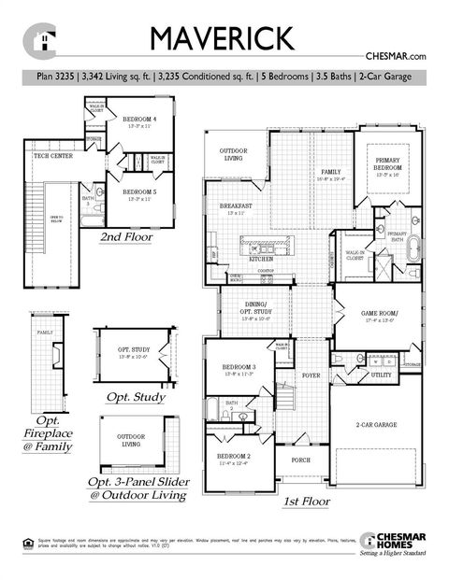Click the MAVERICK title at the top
point(222,38)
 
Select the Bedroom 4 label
point(139,120)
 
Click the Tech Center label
point(54,156)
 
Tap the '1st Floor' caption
point(306,502)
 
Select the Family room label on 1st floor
point(331,173)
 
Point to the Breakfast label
point(234,206)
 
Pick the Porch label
point(301,460)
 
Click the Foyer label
point(311,375)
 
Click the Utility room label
point(381,375)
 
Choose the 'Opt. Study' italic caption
point(136,397)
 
